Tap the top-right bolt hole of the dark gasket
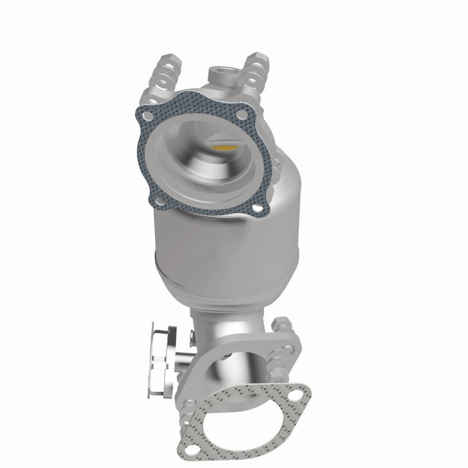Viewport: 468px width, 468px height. [x=242, y=115]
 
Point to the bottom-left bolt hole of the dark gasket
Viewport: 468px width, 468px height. [x=157, y=199]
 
